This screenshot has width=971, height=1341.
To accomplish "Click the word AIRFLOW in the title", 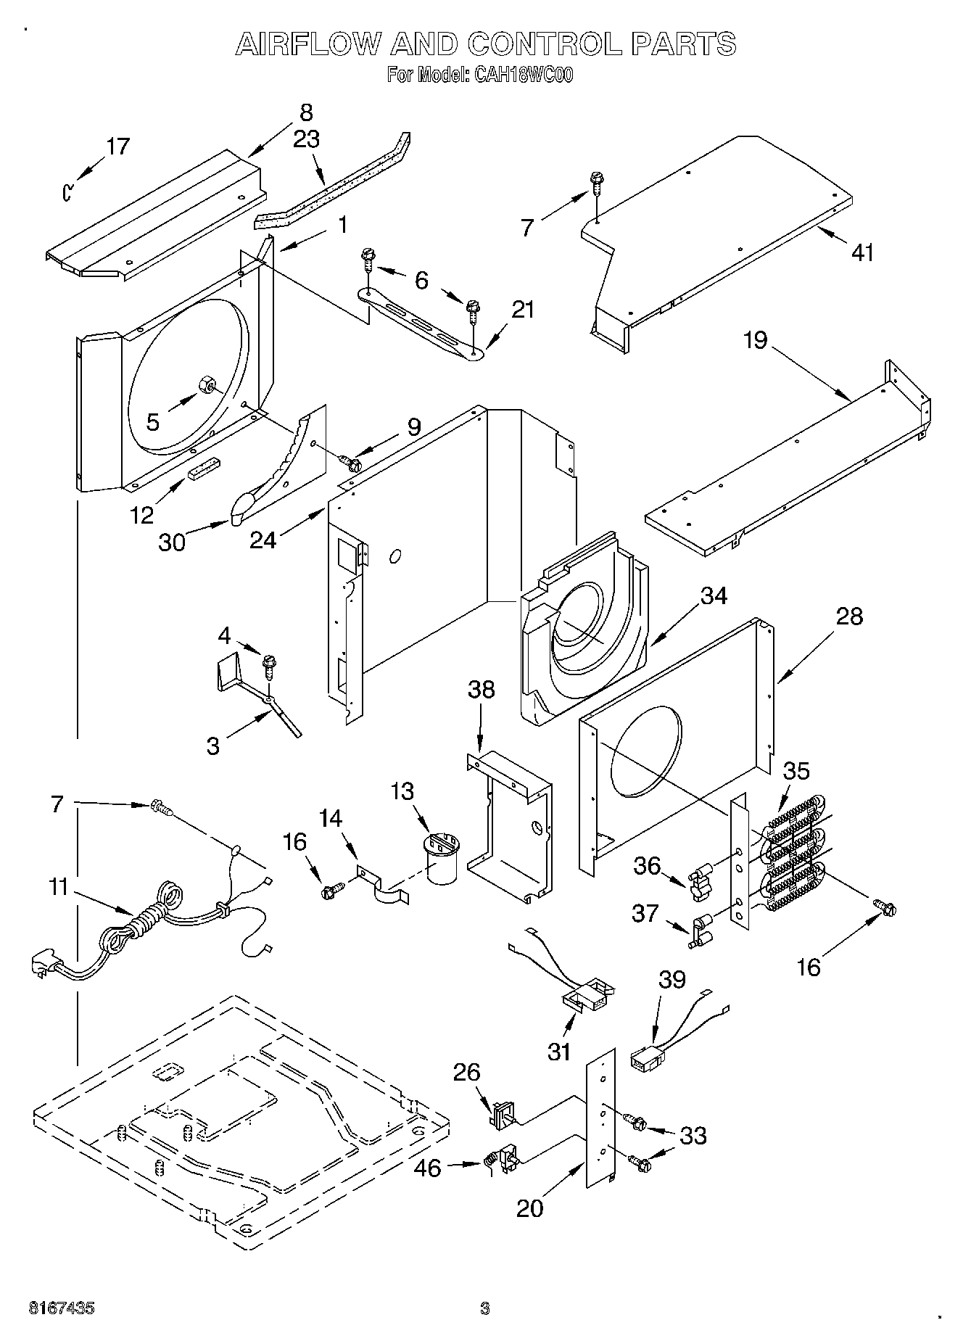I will click(307, 44).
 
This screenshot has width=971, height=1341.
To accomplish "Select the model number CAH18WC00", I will click(513, 75).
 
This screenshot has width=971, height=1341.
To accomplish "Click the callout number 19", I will click(756, 339).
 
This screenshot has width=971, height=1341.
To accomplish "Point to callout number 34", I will click(714, 595).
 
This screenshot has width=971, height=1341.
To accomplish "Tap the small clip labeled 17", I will click(67, 191).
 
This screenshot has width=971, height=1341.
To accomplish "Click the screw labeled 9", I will click(352, 461).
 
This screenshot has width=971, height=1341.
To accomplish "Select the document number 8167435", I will click(62, 1308).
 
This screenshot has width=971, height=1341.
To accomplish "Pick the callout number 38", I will click(482, 690).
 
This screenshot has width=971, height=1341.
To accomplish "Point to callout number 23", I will click(306, 139).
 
